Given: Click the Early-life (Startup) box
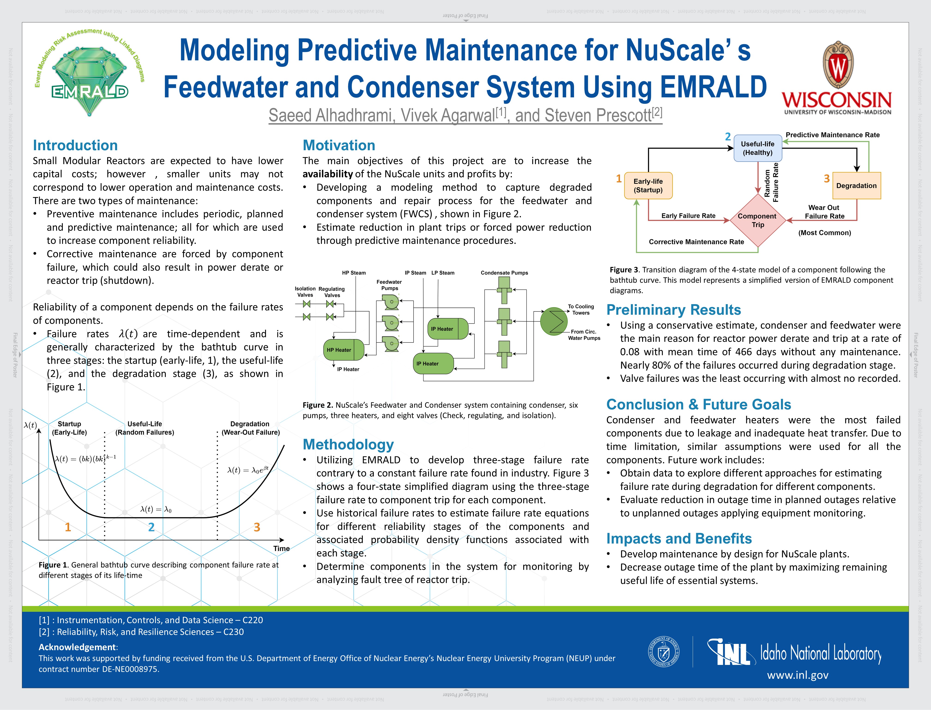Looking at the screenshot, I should pyautogui.click(x=648, y=186).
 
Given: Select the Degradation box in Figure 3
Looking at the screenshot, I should pyautogui.click(x=856, y=186).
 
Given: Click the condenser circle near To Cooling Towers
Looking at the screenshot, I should pyautogui.click(x=553, y=321).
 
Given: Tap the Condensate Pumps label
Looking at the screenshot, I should pyautogui.click(x=504, y=272).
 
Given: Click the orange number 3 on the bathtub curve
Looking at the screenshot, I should pyautogui.click(x=257, y=527).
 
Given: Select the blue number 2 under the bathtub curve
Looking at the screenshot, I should pyautogui.click(x=151, y=527).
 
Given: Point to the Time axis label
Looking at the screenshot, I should pyautogui.click(x=281, y=548).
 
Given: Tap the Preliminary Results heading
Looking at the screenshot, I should pyautogui.click(x=674, y=310).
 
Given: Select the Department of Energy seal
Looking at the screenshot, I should pyautogui.click(x=664, y=651).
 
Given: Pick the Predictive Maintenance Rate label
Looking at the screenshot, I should pyautogui.click(x=832, y=135).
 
